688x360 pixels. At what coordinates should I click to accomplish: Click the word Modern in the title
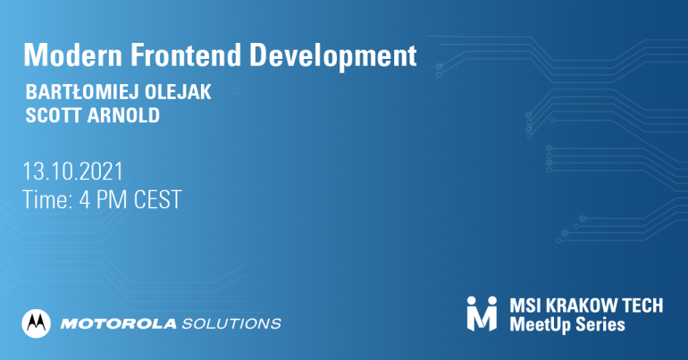click(x=73, y=55)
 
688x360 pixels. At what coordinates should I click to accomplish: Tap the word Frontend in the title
click(x=186, y=55)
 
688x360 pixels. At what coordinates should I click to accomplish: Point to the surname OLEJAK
click(x=178, y=92)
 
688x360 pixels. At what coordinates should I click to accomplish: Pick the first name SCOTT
click(x=53, y=115)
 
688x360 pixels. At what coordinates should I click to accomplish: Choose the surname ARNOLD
click(x=123, y=115)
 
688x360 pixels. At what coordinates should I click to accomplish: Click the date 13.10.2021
click(x=73, y=171)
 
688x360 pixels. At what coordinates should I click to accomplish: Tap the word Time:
click(x=47, y=199)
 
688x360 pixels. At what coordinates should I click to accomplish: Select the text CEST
click(x=157, y=199)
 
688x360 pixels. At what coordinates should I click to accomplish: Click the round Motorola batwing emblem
click(x=36, y=323)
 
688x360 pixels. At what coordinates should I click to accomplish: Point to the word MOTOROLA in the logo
click(x=119, y=324)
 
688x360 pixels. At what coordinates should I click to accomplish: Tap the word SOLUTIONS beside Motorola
click(x=231, y=324)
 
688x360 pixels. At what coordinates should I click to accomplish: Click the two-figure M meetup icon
click(x=482, y=314)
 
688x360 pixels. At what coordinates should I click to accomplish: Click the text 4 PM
click(x=104, y=199)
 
